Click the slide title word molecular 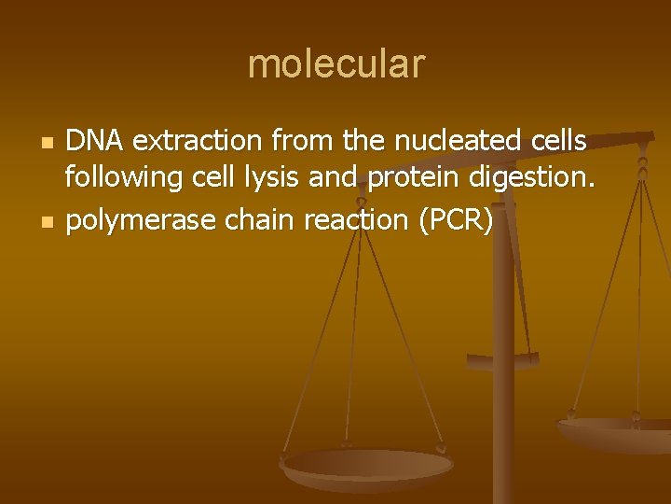[x=335, y=64]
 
